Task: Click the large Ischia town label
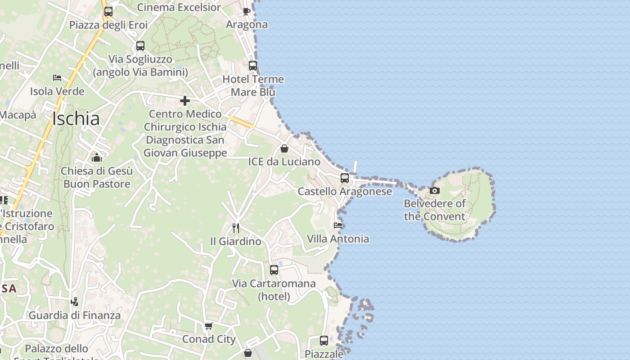coord(76,119)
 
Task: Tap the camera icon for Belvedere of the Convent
coord(434,191)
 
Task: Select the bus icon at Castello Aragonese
coord(345,178)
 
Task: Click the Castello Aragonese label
coord(345,192)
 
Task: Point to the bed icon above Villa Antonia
coord(338,225)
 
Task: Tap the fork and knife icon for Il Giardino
coord(235,228)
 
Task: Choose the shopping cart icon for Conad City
coord(208,326)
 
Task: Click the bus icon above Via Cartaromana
coord(274,270)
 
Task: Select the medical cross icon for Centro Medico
coord(185,101)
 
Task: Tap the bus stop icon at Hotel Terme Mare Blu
coord(253,66)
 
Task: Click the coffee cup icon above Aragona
coord(247,11)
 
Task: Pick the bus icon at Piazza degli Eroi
coord(108,12)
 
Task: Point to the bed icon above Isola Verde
coord(57,78)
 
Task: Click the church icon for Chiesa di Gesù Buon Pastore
coord(97,157)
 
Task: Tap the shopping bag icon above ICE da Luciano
coord(284,148)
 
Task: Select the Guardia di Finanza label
coord(75,315)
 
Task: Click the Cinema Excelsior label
coord(179,7)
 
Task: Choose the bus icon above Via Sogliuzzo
coord(140,46)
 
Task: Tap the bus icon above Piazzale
coord(324,341)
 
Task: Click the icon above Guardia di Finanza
coord(75,302)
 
